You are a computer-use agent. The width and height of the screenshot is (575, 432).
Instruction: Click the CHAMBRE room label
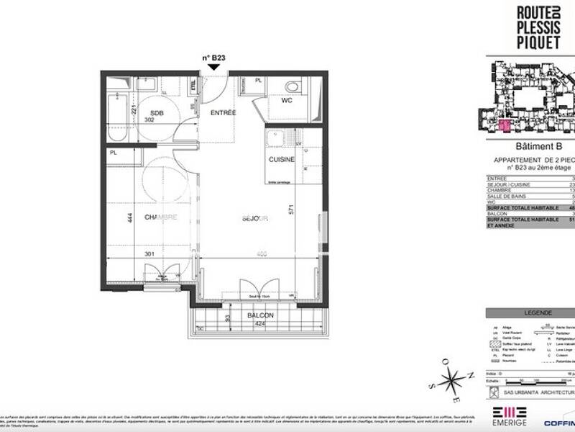pos(161,217)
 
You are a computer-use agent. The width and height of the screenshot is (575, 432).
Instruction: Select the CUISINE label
pos(282,159)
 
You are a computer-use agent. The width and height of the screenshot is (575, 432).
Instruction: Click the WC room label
pos(287,101)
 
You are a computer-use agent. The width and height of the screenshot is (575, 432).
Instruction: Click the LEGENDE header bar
pos(530,313)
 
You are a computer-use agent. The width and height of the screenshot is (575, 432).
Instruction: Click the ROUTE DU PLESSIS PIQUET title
pos(542,30)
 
